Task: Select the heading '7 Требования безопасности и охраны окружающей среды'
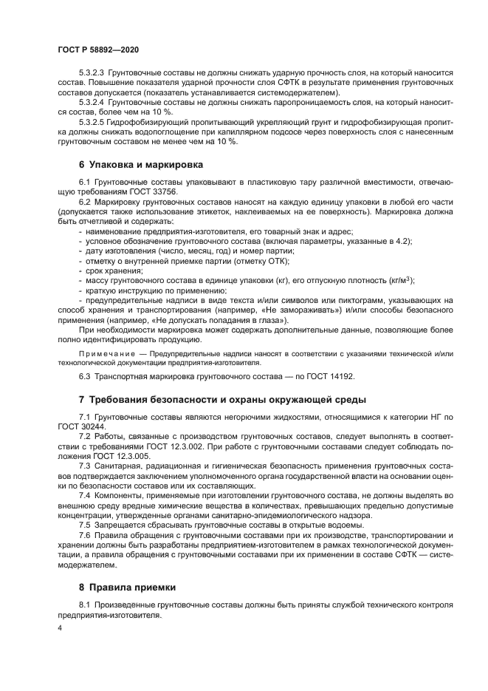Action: point(222,400)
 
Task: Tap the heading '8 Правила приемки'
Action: point(128,588)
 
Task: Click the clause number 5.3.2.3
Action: point(92,75)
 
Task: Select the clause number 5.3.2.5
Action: point(92,123)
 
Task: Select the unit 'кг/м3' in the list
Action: point(400,280)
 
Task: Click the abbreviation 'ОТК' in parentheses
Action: point(278,261)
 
